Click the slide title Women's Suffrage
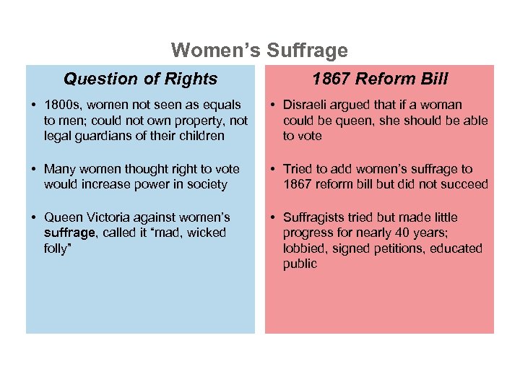pos(259,51)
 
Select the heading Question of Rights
pos(140,79)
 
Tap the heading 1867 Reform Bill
pos(380,79)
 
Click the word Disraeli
pos(306,105)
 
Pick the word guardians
pos(101,136)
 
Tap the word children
pos(201,136)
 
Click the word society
pos(206,184)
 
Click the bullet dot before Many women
pos(34,170)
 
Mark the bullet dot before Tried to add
pos(273,170)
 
